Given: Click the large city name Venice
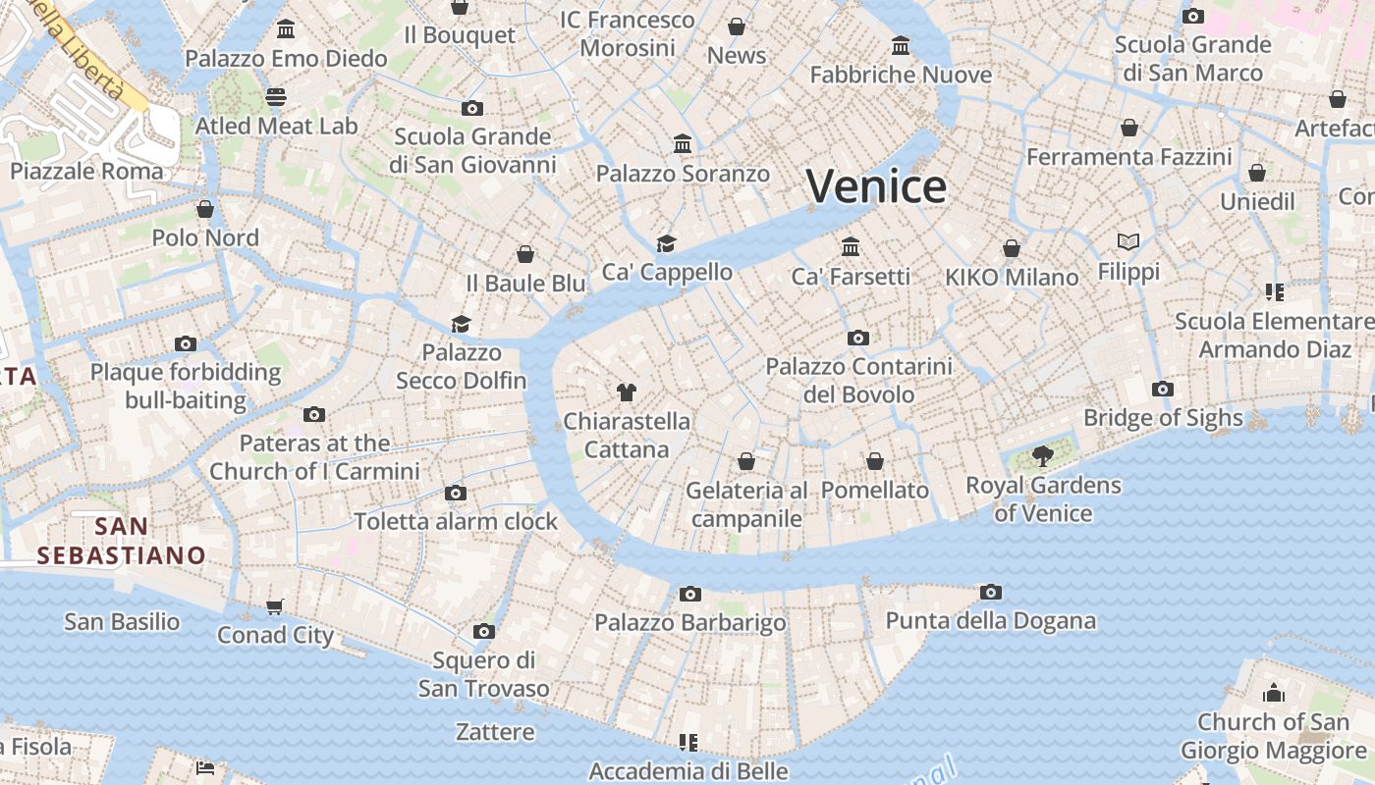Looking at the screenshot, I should [877, 186].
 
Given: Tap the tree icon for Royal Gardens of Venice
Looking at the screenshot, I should [1043, 456].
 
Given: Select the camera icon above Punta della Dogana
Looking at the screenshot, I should [991, 592].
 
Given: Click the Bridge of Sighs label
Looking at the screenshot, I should [1163, 418].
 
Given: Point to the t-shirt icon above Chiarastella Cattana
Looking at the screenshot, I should [626, 392].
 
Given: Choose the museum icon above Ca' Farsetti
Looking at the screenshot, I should [851, 246].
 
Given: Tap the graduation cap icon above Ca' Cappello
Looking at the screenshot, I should [667, 243].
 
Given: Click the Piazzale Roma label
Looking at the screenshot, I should [86, 171].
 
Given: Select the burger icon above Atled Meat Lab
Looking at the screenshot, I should [276, 96].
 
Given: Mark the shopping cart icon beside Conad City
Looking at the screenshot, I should [275, 607].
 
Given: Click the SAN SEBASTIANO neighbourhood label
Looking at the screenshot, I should [122, 541].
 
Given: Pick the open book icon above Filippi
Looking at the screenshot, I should [1128, 241].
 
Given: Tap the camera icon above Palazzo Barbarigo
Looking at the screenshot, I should [690, 594].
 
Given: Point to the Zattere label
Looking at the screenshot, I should [495, 732].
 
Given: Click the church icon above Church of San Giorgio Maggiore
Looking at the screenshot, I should [1274, 693].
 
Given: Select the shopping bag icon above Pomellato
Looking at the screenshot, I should [875, 461].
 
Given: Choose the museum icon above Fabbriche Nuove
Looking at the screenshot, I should [901, 45].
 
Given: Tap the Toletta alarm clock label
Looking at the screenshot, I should [456, 521].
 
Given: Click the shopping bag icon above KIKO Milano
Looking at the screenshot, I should [1012, 248].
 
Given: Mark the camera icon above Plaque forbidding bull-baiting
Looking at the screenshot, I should [186, 343].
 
